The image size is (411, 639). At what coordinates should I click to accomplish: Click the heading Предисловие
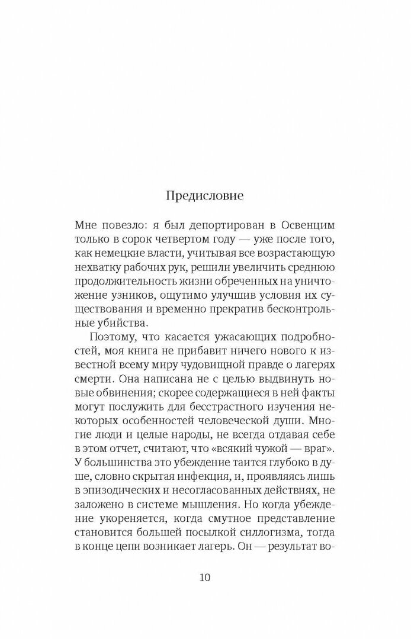(x=205, y=196)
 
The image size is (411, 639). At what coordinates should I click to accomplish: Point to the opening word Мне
(x=86, y=226)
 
